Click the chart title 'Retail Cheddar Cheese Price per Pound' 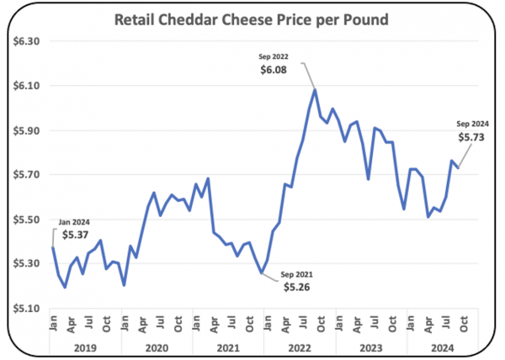(x=252, y=19)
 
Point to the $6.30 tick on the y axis (x=26, y=41)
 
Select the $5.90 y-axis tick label (x=26, y=131)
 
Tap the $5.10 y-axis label (x=26, y=309)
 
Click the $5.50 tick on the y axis (x=26, y=220)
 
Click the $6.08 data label (x=274, y=70)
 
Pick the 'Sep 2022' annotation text (x=274, y=56)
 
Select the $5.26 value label (x=296, y=287)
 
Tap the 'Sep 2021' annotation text (x=296, y=274)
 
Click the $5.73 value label (x=471, y=137)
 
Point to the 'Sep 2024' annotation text (x=472, y=124)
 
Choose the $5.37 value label (x=75, y=235)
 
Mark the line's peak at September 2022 (x=315, y=90)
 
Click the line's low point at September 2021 (x=262, y=273)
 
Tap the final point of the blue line (x=458, y=167)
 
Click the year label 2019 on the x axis (x=85, y=348)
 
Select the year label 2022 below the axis (x=300, y=348)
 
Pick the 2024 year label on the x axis (x=443, y=348)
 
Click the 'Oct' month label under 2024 (x=463, y=324)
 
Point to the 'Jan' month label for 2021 (x=196, y=323)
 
